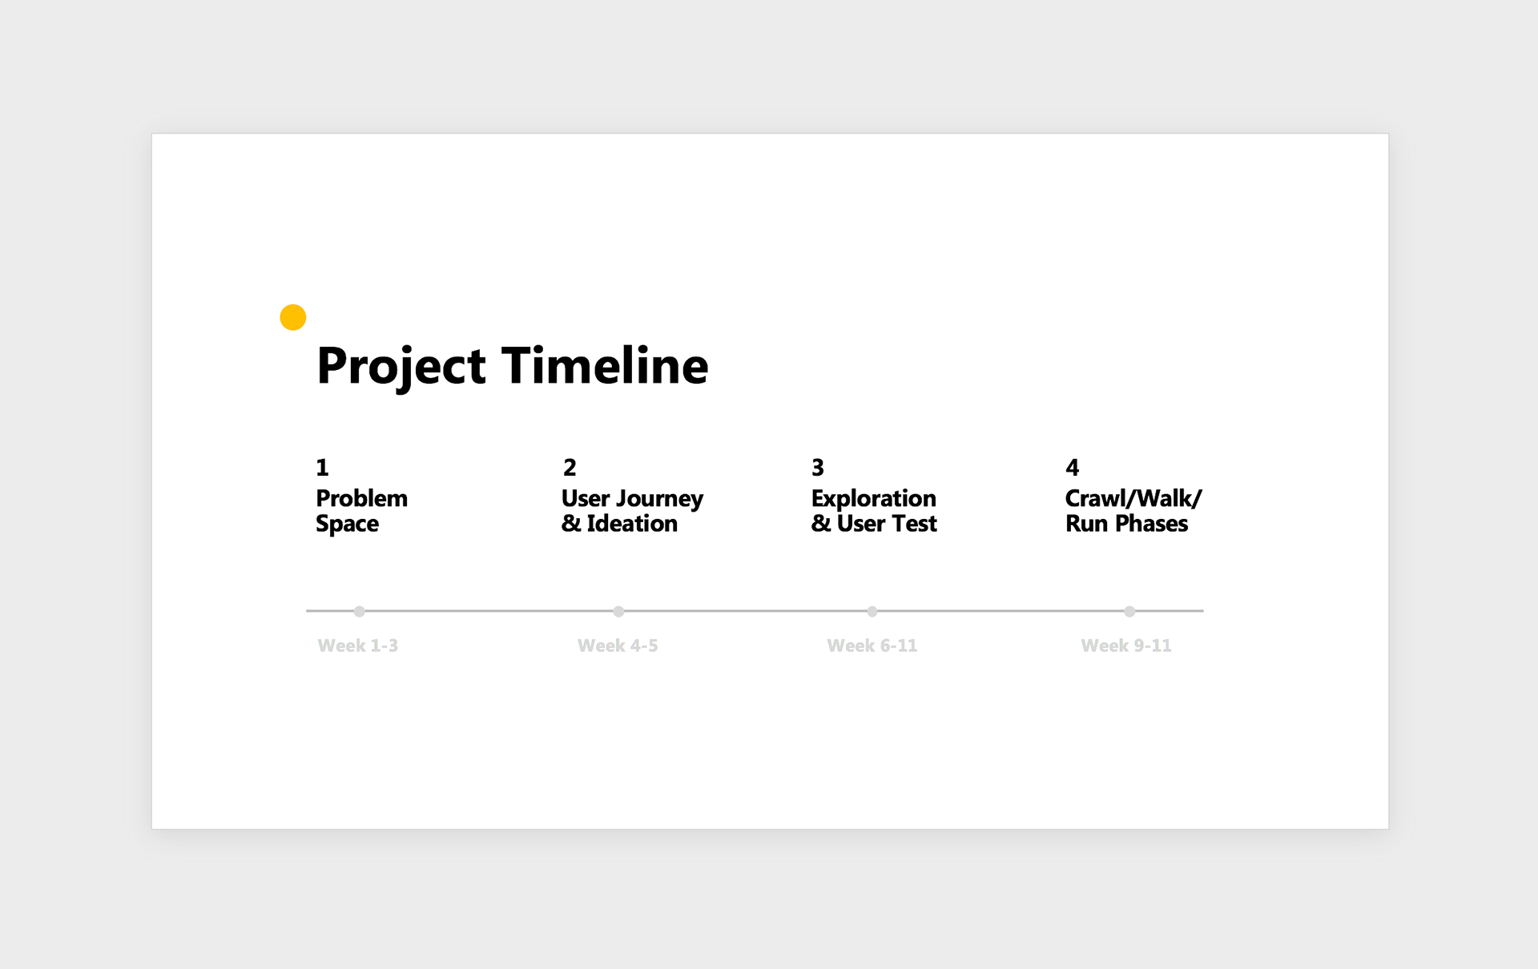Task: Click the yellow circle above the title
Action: tap(293, 317)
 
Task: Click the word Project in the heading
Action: tap(401, 367)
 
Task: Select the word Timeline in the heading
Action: tap(606, 365)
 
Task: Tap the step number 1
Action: tap(322, 467)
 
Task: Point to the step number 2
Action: tap(570, 467)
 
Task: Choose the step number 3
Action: tap(818, 467)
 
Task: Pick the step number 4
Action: tap(1073, 467)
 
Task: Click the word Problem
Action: tap(362, 498)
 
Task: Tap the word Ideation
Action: tap(632, 524)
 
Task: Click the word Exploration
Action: tap(874, 500)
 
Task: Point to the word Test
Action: tap(915, 524)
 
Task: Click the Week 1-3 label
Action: tap(358, 645)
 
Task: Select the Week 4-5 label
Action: tap(618, 645)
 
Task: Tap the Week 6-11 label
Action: tap(872, 645)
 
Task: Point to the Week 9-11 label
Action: tap(1126, 645)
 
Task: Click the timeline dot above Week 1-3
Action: tap(360, 611)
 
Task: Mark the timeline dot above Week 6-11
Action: tap(872, 611)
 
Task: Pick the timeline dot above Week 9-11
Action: tap(1129, 611)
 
